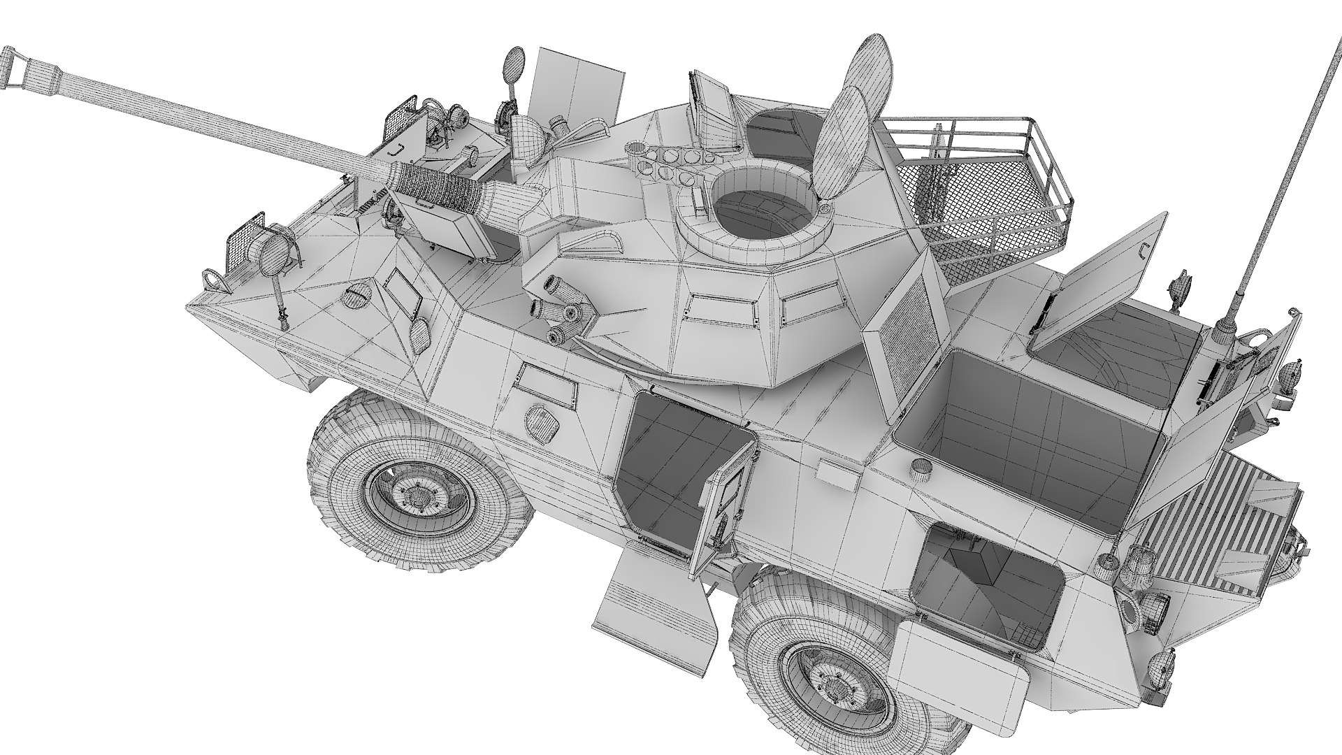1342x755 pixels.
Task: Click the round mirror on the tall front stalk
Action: (x=514, y=62)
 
